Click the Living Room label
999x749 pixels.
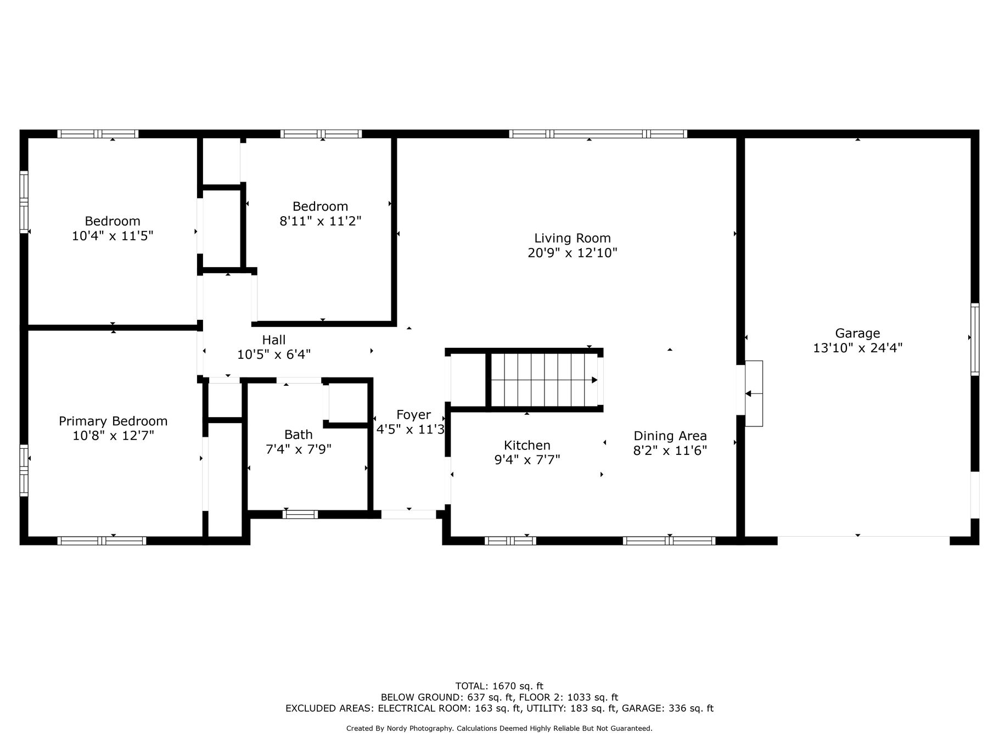tap(573, 238)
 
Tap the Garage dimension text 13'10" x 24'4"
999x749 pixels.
tap(857, 348)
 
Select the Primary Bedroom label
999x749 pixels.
tap(113, 421)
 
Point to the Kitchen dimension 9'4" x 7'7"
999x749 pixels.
tap(527, 460)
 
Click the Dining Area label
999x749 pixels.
tap(670, 436)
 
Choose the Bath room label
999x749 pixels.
tap(299, 435)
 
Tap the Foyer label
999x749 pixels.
tap(413, 415)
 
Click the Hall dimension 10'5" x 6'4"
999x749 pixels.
tap(274, 354)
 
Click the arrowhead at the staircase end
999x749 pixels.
tap(594, 380)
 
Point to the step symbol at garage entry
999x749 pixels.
tap(754, 393)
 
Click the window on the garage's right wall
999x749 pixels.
tap(975, 340)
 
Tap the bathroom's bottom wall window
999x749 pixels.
tap(300, 514)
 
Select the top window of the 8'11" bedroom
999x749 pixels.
tap(321, 134)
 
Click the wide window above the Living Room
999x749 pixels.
tap(598, 134)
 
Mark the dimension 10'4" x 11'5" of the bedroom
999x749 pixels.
tap(113, 236)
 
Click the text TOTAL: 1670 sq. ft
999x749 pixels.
tap(500, 686)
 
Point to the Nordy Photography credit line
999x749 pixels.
tap(500, 729)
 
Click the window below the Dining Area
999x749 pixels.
tap(669, 540)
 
